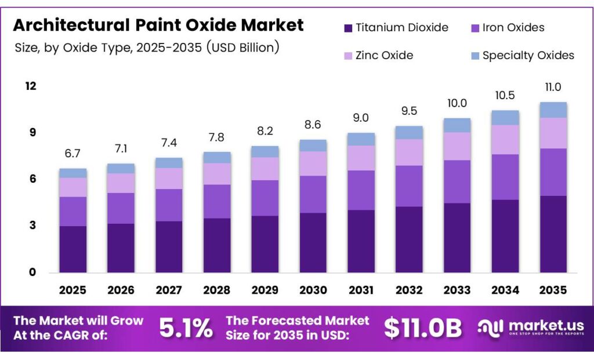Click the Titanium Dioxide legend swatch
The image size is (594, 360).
pos(348,28)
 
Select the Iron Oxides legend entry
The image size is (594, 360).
pos(513,28)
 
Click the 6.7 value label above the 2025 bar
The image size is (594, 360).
pos(73,153)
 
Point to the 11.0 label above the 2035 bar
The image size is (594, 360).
pos(553,87)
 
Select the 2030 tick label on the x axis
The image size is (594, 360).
pos(313,290)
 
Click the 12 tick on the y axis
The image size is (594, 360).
pos(30,86)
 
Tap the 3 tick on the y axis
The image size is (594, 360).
pos(33,226)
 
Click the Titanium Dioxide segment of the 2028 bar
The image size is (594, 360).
pos(216,245)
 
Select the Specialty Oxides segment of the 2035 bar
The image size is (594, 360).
pos(553,110)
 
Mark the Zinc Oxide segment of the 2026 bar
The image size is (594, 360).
pos(121,183)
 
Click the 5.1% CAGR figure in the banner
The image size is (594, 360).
pos(186,329)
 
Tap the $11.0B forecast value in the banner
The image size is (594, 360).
pos(423,329)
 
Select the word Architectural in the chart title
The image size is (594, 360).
pos(69,25)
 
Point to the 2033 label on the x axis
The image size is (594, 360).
pos(457,290)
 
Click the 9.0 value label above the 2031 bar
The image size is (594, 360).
pos(361,118)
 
